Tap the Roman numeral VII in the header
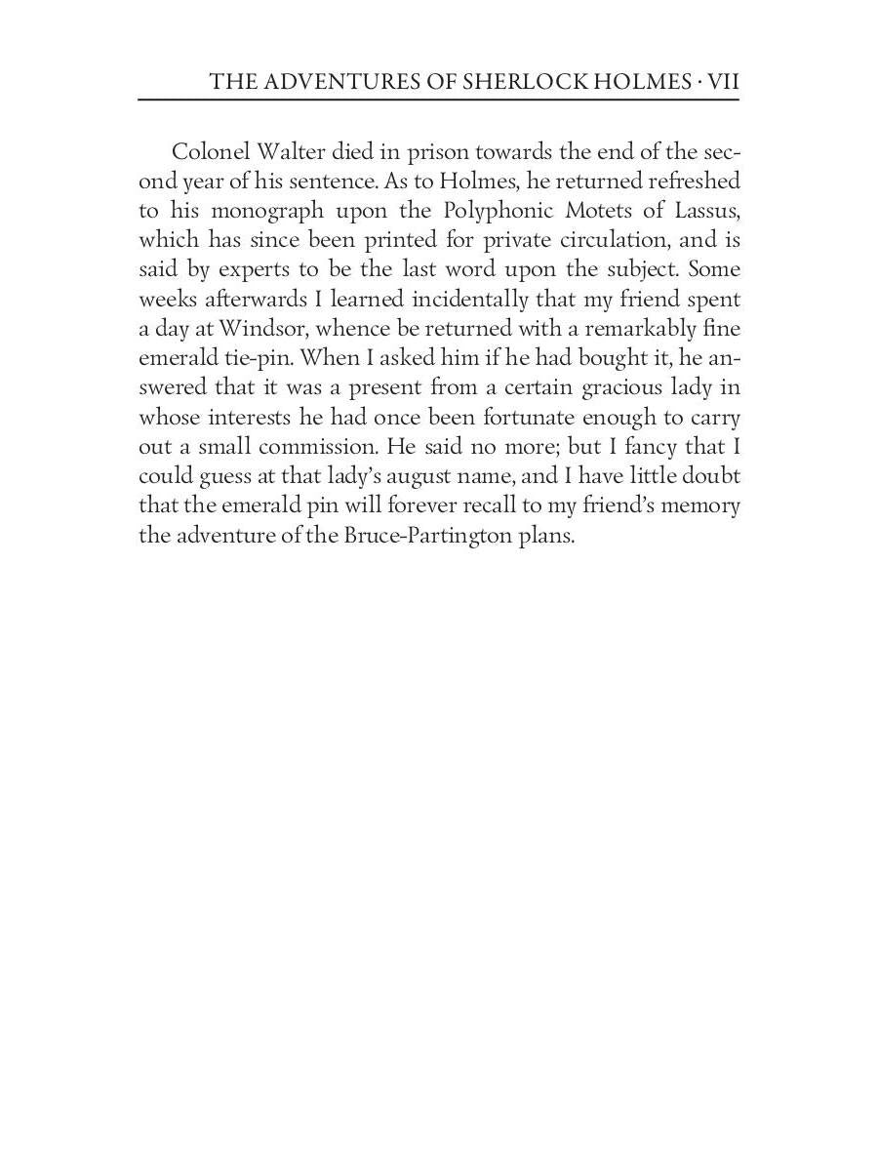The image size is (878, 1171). (723, 83)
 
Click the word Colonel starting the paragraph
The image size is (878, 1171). (207, 152)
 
